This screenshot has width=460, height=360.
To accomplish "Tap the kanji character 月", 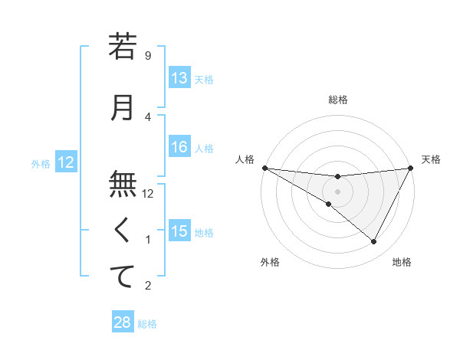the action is click(x=122, y=106).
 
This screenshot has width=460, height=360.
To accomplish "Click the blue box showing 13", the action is click(x=179, y=79).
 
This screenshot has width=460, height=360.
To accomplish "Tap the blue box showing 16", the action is click(x=179, y=148).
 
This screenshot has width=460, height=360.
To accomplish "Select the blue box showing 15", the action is click(x=179, y=232).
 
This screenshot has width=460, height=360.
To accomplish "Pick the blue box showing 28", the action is click(x=122, y=322).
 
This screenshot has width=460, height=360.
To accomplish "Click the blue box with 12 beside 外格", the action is click(x=66, y=162).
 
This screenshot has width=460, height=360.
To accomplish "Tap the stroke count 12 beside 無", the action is click(x=148, y=194).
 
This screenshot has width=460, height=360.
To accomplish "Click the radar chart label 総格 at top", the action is click(x=337, y=100).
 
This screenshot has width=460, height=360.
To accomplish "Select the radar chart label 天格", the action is click(x=431, y=159).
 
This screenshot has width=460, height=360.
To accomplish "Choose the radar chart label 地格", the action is click(x=402, y=262).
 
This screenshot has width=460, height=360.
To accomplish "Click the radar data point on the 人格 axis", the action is click(x=264, y=167).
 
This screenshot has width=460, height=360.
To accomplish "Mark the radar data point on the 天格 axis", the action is click(x=410, y=167).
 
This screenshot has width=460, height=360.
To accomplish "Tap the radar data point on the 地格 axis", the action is click(x=373, y=241).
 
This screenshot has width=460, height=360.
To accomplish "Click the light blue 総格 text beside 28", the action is click(x=147, y=324).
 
